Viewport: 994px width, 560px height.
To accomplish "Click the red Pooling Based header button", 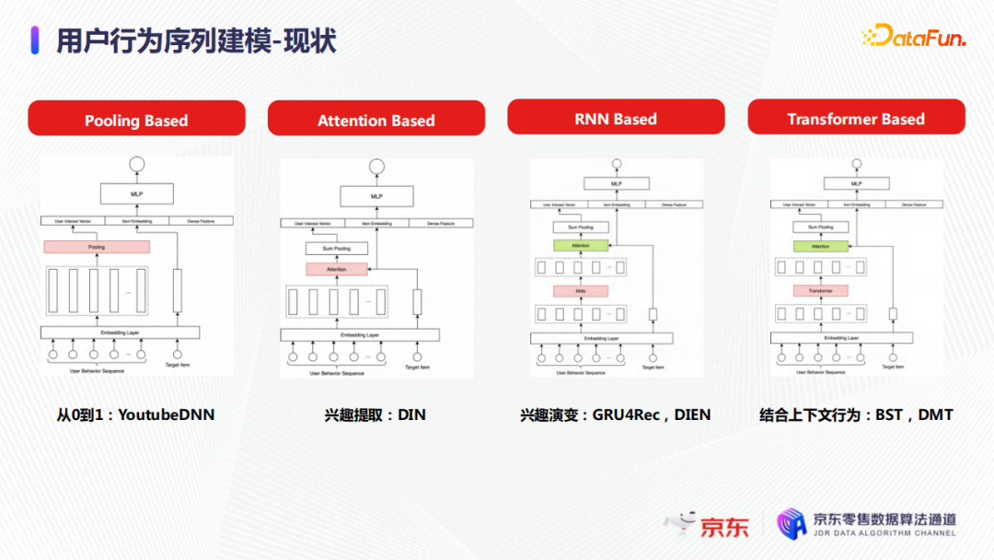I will (136, 119).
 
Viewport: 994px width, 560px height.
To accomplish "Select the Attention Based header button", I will (376, 119).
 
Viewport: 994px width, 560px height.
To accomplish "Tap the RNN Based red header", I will (616, 118).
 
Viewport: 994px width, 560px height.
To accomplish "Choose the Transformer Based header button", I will (856, 118).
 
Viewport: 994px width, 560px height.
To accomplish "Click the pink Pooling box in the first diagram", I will (97, 247).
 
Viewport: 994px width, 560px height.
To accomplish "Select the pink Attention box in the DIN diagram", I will (336, 269).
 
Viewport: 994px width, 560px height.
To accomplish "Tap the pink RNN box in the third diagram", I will (581, 291).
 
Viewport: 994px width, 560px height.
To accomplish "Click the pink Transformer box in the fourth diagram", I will (820, 291).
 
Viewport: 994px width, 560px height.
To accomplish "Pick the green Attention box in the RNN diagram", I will (581, 246).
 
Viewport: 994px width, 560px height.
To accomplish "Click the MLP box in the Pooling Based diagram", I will (137, 194).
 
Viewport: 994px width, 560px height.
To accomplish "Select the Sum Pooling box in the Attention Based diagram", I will (336, 249).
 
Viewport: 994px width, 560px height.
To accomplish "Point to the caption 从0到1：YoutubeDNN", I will (135, 414).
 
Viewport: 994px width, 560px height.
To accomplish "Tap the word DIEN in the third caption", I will (693, 414).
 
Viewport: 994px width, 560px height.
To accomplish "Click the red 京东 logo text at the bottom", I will (724, 527).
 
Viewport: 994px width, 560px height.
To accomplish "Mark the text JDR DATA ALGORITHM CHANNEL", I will (884, 533).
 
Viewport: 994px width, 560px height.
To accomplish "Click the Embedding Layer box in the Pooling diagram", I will (120, 332).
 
